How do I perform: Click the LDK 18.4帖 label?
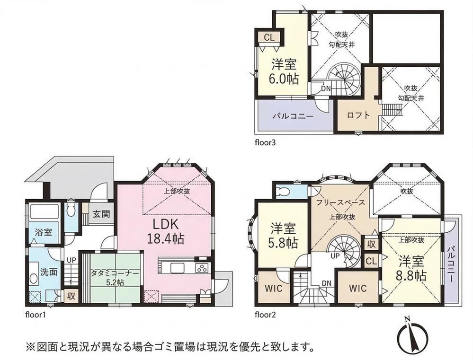pyautogui.click(x=165, y=231)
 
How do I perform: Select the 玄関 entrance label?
pyautogui.click(x=101, y=214)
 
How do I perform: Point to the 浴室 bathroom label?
pyautogui.click(x=44, y=232)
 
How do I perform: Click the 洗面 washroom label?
pyautogui.click(x=49, y=272)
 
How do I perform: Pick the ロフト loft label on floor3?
pyautogui.click(x=358, y=115)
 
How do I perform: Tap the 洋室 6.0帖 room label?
pyautogui.click(x=284, y=71)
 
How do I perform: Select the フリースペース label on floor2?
pyautogui.click(x=340, y=202)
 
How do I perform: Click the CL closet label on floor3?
pyautogui.click(x=269, y=37)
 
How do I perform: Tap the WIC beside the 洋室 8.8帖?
pyautogui.click(x=358, y=288)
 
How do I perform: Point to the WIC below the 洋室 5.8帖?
pyautogui.click(x=274, y=288)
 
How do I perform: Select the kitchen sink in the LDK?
pyautogui.click(x=178, y=268)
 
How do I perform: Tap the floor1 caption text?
pyautogui.click(x=36, y=316)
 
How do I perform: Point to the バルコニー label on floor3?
pyautogui.click(x=294, y=116)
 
